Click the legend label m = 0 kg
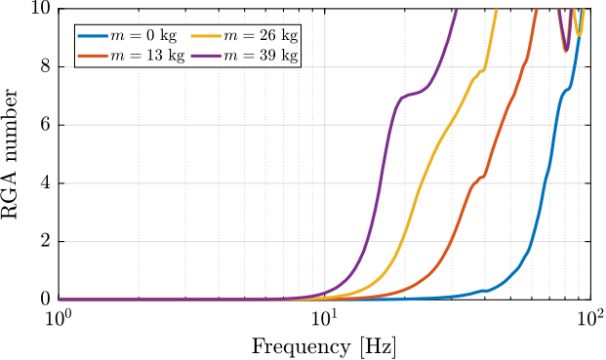click(143, 35)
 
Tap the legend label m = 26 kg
click(261, 35)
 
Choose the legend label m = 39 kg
click(261, 56)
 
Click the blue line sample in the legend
click(93, 35)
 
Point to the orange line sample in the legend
click(93, 56)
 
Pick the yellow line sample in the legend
click(206, 35)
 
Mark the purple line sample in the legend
click(206, 56)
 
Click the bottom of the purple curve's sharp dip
click(565, 50)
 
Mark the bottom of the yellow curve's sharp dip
click(579, 34)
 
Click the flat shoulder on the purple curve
click(410, 95)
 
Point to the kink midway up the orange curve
click(479, 179)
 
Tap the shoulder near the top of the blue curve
click(567, 89)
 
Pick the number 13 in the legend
click(151, 56)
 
